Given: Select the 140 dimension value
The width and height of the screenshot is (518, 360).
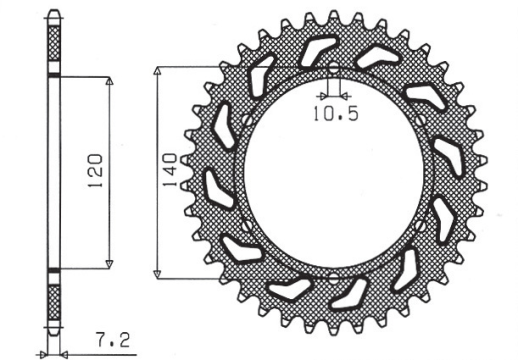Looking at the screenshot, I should pyautogui.click(x=171, y=171).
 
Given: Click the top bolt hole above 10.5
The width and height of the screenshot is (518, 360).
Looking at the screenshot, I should pyautogui.click(x=333, y=70).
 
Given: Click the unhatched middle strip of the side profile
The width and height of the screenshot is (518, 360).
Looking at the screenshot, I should pyautogui.click(x=54, y=171).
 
